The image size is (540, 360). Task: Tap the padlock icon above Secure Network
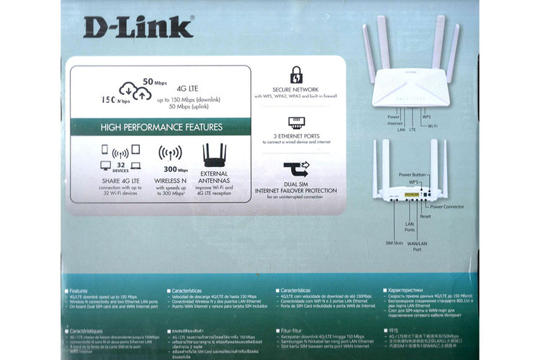pos(296,75)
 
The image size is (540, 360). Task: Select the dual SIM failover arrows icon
pos(296,171)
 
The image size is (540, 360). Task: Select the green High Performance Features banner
pos(159,127)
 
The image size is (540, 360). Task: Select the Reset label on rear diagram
pos(425,216)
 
